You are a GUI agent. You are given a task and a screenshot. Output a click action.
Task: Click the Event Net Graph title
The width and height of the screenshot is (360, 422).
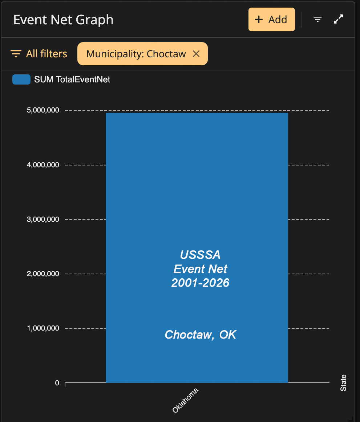click(63, 20)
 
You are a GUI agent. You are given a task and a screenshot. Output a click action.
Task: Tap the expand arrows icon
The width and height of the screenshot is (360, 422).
click(338, 19)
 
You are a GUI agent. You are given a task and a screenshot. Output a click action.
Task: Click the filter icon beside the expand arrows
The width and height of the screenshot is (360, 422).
click(317, 19)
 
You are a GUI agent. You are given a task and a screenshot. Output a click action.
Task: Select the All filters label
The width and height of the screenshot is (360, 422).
click(46, 54)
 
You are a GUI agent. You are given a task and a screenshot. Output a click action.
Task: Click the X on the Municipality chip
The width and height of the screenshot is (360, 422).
click(196, 54)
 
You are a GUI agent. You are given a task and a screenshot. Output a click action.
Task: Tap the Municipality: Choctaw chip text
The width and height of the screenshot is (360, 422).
click(136, 54)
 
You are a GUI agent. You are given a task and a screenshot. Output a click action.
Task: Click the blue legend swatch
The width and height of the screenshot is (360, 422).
click(21, 79)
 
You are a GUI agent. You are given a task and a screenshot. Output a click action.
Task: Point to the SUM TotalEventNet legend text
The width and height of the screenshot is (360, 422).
click(72, 79)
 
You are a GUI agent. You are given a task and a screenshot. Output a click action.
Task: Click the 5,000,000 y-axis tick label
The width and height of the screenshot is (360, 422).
click(43, 110)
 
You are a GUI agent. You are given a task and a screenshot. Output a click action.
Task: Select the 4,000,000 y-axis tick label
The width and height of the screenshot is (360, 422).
click(43, 165)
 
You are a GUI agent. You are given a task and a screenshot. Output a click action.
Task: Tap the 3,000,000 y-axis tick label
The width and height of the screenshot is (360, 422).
click(43, 219)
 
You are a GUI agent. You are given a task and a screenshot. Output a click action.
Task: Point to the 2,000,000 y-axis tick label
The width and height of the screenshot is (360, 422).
click(43, 274)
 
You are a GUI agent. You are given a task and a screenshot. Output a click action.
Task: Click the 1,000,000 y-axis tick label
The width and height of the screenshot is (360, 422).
click(43, 328)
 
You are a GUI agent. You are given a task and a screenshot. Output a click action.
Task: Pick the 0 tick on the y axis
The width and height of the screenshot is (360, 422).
click(57, 383)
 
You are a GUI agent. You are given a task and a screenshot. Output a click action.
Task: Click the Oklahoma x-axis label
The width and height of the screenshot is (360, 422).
click(185, 400)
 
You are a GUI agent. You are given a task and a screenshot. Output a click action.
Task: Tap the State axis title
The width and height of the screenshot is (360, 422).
click(343, 383)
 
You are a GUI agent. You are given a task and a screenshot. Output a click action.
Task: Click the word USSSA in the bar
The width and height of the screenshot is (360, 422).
click(200, 255)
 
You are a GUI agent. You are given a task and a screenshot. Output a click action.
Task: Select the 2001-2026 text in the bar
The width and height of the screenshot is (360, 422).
click(200, 283)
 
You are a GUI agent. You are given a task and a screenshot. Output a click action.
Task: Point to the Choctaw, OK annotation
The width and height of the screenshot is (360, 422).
click(201, 335)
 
